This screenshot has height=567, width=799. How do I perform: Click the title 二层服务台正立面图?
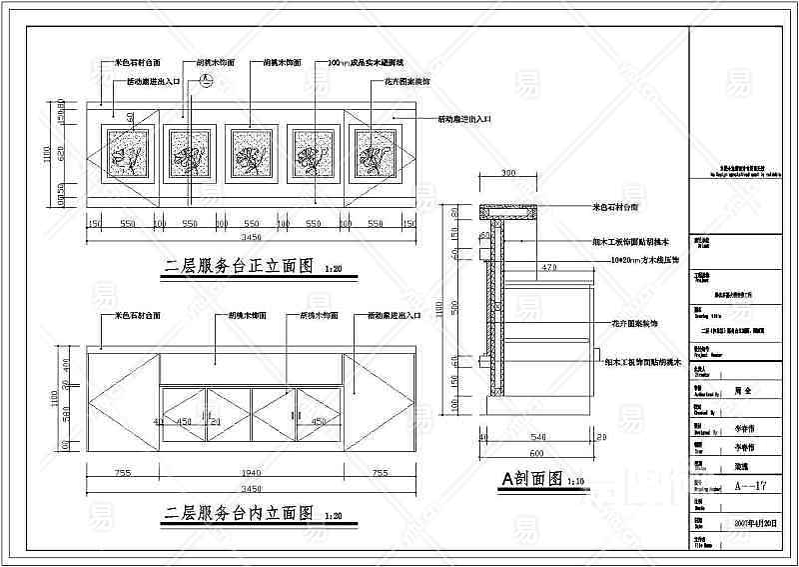tap(240, 268)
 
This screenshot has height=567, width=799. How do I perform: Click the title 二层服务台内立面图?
tap(240, 514)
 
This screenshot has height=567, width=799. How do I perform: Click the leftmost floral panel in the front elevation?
tap(128, 154)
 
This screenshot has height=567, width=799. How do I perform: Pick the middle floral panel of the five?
tap(251, 154)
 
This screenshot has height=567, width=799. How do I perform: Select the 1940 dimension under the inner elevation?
tap(250, 473)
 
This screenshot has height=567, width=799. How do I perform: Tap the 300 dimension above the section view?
tap(507, 174)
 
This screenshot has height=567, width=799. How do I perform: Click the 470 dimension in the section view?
tap(548, 268)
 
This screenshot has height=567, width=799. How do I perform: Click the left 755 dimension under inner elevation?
tap(123, 473)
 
